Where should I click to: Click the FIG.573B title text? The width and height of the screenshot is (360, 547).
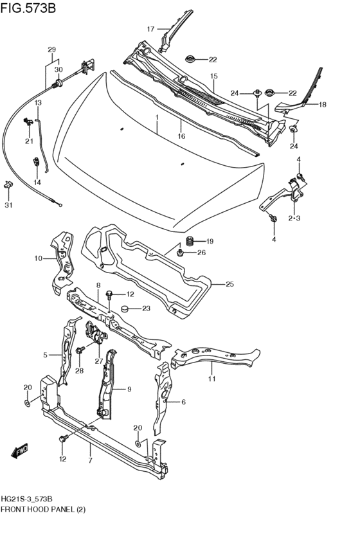29,8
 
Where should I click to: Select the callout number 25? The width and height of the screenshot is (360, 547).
230,283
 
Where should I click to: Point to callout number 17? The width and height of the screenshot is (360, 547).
150,29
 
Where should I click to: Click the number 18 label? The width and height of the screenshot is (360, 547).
322,104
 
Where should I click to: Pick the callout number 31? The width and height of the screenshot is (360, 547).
8,206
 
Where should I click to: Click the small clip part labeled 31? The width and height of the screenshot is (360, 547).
9,184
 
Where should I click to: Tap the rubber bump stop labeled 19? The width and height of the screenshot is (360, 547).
190,242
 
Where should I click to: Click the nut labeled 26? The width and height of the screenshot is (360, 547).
181,253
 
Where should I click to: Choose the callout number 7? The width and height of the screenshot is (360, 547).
90,461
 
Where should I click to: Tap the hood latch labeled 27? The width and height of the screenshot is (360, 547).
94,332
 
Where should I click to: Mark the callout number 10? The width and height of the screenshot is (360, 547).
39,258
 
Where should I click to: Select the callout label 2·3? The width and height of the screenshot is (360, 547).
294,219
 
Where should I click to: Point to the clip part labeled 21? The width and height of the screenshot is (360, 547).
28,120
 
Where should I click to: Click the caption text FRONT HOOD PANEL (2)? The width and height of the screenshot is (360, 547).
42,509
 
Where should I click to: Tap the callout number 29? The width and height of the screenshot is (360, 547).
51,49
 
